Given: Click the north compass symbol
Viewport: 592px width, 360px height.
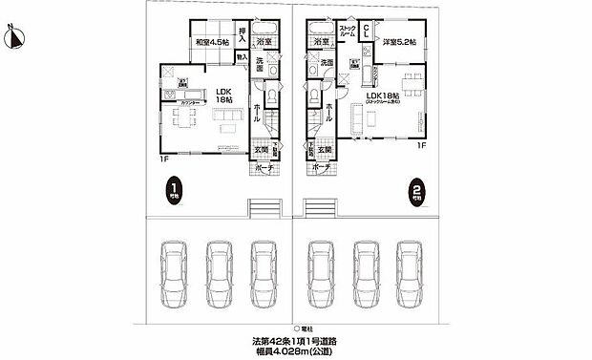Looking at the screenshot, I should pyautogui.click(x=14, y=37).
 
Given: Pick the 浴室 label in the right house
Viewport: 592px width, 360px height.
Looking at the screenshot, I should pyautogui.click(x=319, y=42).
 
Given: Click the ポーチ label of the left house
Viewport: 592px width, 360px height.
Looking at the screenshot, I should pyautogui.click(x=264, y=167).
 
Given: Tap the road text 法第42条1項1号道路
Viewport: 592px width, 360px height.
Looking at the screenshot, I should pyautogui.click(x=295, y=341).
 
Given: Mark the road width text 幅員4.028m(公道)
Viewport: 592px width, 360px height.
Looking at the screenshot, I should pyautogui.click(x=295, y=352).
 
